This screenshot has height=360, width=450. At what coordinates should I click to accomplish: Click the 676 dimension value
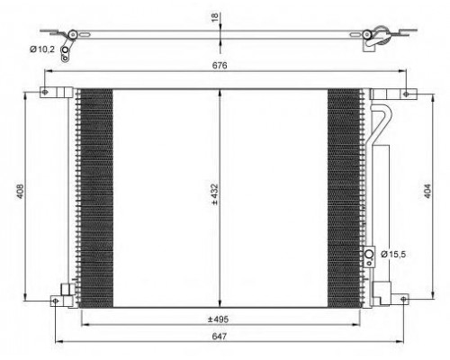click(220, 65)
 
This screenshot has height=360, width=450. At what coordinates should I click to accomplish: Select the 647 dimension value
click(220, 337)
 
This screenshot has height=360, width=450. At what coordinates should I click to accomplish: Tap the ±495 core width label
click(218, 319)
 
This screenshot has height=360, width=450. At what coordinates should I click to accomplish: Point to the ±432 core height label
click(214, 194)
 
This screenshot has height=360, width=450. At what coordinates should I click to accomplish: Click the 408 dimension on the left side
click(20, 191)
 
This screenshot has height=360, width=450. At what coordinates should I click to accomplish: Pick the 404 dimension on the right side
click(427, 191)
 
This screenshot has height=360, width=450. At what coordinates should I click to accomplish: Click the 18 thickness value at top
click(215, 17)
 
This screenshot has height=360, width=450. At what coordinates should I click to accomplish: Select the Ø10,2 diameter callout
click(42, 49)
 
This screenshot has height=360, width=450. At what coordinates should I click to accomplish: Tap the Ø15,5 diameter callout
click(393, 255)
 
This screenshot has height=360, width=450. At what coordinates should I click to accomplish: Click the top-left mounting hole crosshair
click(45, 93)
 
